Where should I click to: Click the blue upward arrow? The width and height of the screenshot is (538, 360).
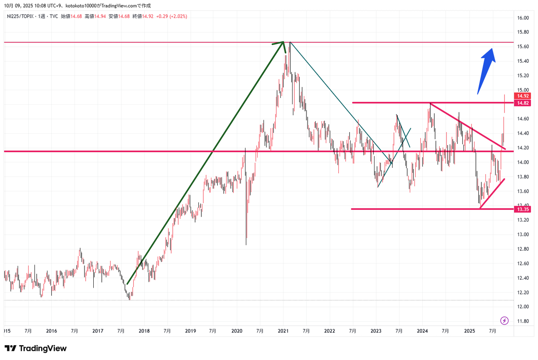(486, 69)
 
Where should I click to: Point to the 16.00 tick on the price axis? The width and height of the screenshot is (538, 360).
(522, 18)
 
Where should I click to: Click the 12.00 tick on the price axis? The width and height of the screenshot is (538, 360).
(522, 307)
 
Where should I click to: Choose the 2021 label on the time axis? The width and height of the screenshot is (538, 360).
(283, 331)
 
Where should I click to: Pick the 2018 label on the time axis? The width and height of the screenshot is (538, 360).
(144, 331)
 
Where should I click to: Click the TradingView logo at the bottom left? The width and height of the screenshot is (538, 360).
(36, 349)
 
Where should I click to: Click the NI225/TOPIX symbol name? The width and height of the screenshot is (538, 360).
(20, 16)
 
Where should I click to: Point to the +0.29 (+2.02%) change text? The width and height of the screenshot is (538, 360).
(171, 16)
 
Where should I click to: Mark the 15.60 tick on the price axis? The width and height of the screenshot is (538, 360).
(522, 47)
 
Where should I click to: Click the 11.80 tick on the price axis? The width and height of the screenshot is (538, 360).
(522, 321)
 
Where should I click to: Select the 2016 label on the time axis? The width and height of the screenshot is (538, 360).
(51, 331)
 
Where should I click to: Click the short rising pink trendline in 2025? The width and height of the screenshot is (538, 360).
(492, 193)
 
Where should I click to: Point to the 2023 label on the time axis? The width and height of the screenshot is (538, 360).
(376, 331)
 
